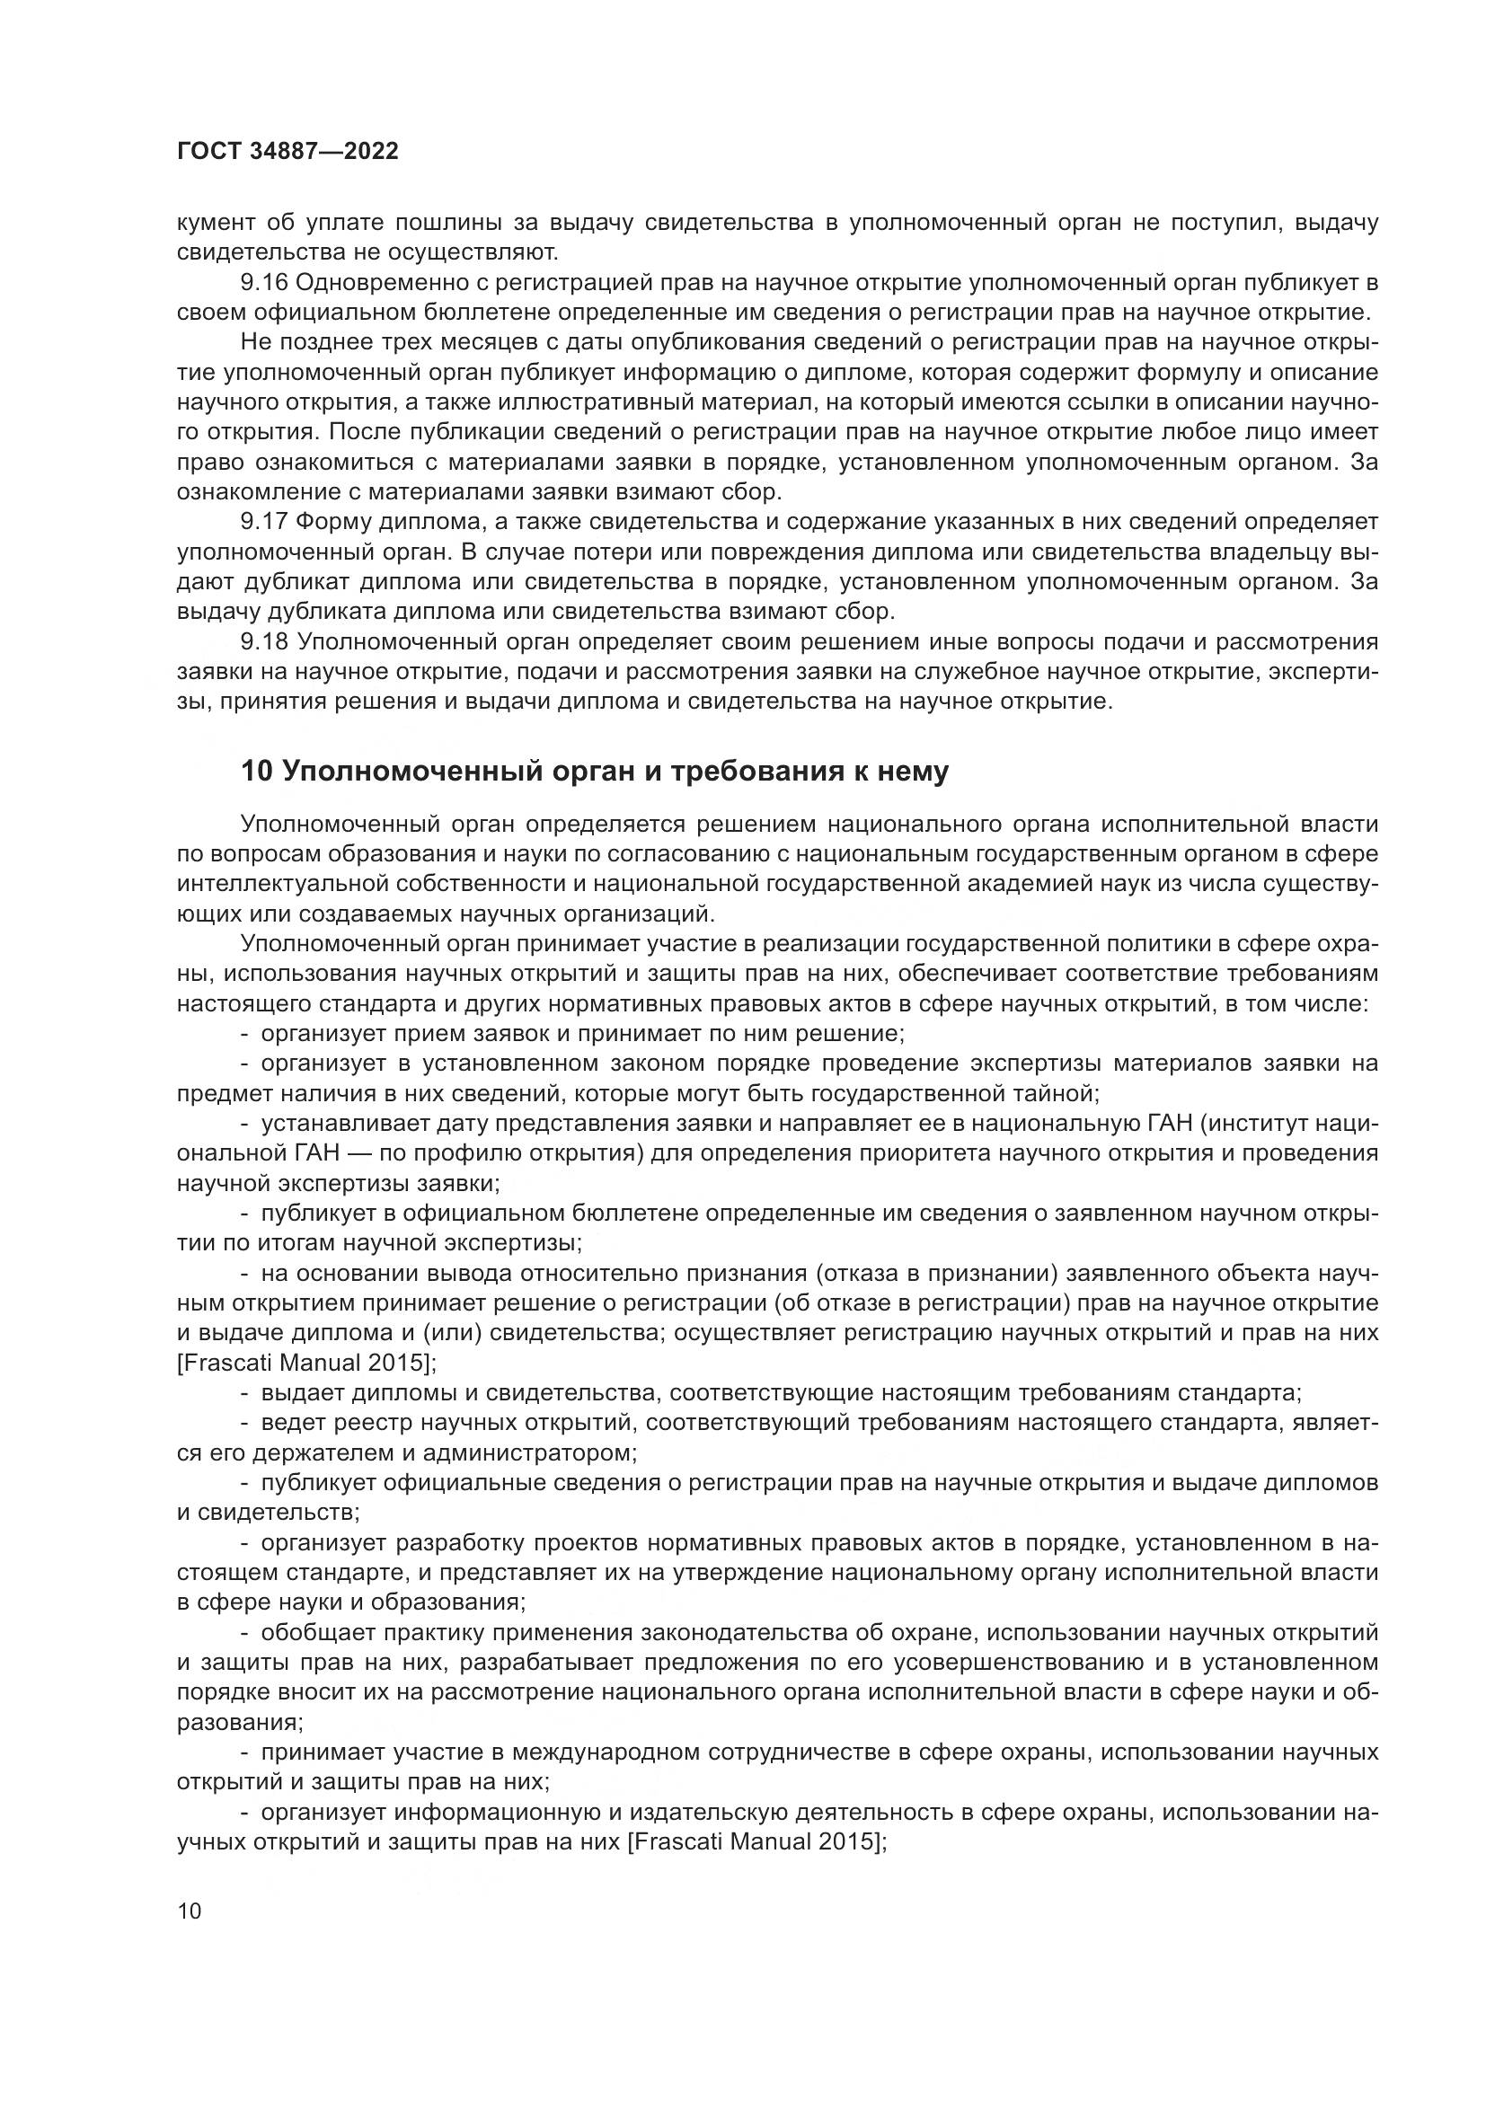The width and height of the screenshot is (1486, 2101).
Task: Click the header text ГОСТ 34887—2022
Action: (287, 152)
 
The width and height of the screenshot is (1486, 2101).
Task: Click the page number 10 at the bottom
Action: (190, 1911)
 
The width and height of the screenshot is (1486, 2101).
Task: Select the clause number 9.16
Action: (264, 283)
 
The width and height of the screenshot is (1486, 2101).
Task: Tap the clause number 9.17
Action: (264, 523)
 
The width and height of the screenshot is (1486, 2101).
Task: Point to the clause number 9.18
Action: (264, 642)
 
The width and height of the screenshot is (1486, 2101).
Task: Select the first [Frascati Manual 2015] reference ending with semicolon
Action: (306, 1363)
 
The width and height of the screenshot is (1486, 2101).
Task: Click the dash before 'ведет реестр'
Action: (245, 1423)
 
